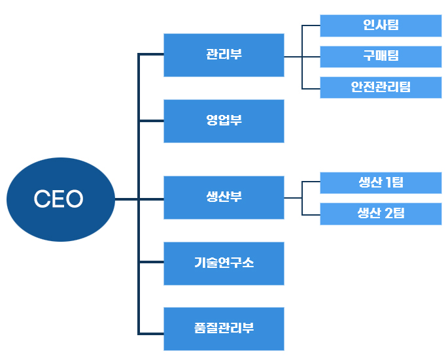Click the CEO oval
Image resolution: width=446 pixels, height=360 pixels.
(60, 199)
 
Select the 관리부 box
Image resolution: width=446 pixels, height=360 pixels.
(224, 55)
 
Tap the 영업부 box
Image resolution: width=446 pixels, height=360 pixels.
(224, 121)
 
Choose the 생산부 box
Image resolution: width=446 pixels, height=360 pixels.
(224, 197)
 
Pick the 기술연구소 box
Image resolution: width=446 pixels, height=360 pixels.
(224, 263)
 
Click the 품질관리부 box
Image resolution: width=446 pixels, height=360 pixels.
(224, 329)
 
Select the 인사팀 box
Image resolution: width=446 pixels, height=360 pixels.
(381, 25)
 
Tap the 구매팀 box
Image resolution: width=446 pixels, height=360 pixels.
(381, 56)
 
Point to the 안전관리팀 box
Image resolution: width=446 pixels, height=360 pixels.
(381, 87)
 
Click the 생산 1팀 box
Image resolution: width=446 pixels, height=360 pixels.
(381, 183)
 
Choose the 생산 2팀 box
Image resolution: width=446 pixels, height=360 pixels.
(381, 214)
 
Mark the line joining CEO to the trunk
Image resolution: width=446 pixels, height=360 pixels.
(127, 199)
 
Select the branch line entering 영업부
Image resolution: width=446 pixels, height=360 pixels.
(151, 121)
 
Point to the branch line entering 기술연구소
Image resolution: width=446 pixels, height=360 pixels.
(151, 263)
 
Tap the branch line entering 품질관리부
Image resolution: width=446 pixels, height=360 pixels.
(151, 333)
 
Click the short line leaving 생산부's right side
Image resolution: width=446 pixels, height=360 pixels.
(293, 197)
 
